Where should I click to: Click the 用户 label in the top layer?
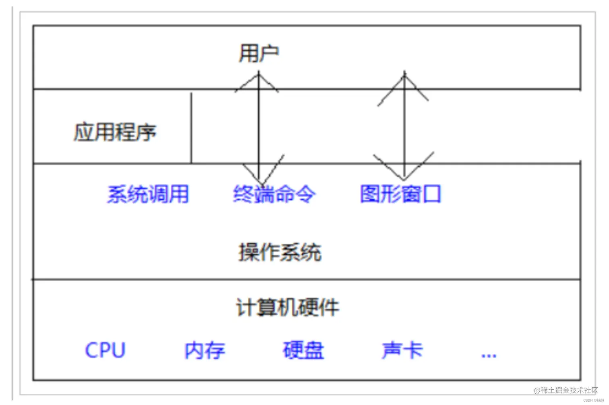pos(259,53)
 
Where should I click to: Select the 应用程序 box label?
pos(114,132)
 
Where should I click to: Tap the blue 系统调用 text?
pos(148,194)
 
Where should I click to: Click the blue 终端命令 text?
pos(274,194)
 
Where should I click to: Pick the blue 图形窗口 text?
pos(400,194)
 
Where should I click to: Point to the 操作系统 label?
pos(280,253)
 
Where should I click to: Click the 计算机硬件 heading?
pos(288,307)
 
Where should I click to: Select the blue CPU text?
pos(105,350)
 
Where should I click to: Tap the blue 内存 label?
pos(205,350)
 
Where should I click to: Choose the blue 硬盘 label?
pos(303,350)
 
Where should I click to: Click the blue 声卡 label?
pos(402,350)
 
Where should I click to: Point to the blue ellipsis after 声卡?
pos(489,355)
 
